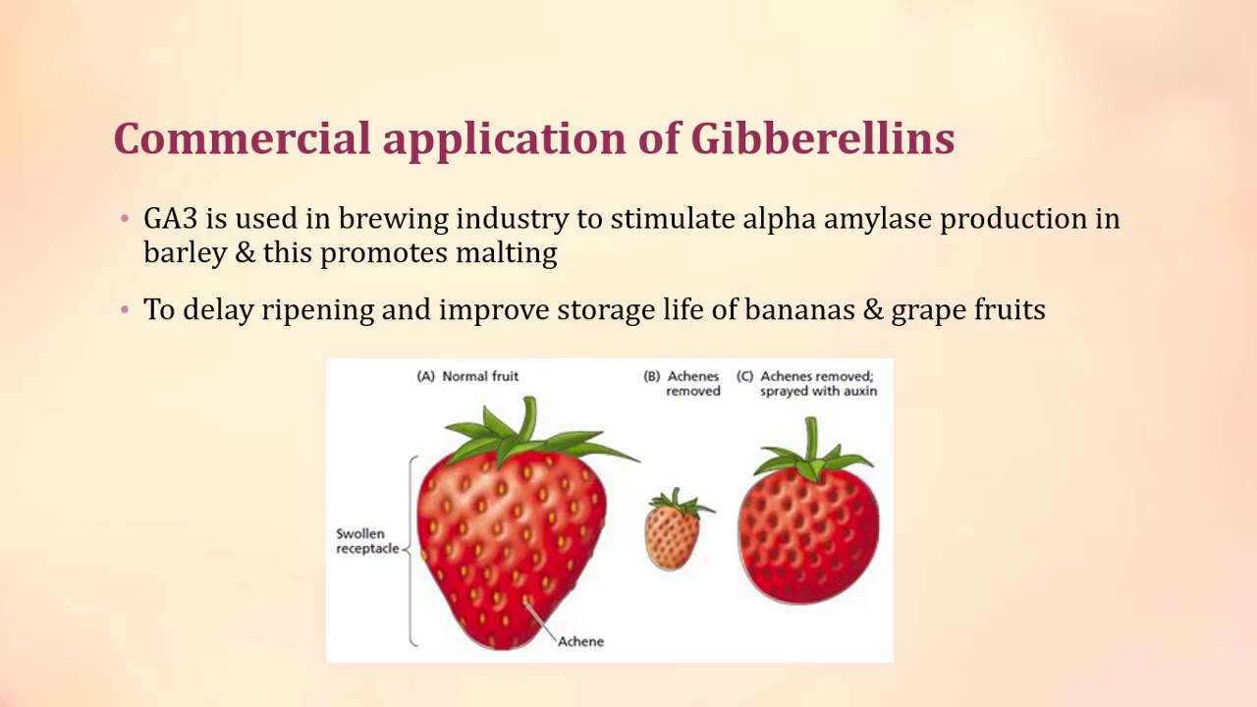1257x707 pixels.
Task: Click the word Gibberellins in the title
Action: tap(822, 138)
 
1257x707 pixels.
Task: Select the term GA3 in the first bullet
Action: tap(170, 218)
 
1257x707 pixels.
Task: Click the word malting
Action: tap(506, 253)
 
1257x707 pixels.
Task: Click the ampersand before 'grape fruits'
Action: tap(873, 309)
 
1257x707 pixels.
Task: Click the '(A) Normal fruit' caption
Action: tap(467, 376)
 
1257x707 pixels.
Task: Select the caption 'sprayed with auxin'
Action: tap(818, 391)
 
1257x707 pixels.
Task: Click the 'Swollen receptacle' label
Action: tap(367, 541)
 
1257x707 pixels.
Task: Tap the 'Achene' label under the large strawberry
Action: tap(580, 641)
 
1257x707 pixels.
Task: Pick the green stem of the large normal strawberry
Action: tap(529, 417)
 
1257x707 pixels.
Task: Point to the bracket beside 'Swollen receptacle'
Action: tap(412, 550)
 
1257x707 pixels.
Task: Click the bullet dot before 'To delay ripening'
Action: tap(125, 310)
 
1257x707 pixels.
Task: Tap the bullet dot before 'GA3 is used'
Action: tap(125, 219)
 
